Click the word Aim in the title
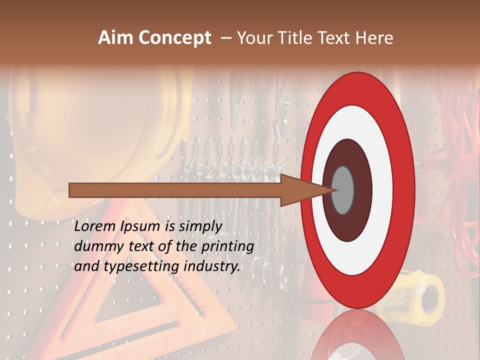[x=115, y=38]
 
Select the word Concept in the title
[x=175, y=38]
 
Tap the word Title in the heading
[x=296, y=38]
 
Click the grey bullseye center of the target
[x=342, y=190]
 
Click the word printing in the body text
[x=227, y=246]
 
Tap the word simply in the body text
[x=200, y=226]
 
